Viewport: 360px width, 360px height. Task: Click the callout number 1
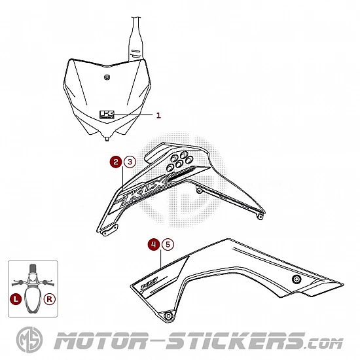pos(158,115)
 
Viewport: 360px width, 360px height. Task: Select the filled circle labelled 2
pos(116,162)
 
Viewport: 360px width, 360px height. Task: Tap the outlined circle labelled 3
pos(130,162)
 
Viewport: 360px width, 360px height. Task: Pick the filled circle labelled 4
pos(154,244)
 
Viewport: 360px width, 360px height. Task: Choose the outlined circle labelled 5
pos(168,244)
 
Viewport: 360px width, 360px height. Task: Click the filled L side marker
pos(16,299)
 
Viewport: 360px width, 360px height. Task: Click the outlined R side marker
pos(49,299)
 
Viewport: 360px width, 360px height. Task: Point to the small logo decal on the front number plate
pos(107,115)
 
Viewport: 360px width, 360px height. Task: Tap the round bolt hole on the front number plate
pos(107,77)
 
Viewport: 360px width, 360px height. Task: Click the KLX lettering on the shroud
pos(146,189)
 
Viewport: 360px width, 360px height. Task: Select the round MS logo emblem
pos(29,340)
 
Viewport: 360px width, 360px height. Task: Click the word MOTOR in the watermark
pos(100,341)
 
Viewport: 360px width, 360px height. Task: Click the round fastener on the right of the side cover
pos(297,279)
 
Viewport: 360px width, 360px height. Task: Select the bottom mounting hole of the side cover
pos(168,316)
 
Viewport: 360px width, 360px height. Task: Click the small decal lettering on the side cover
pos(149,283)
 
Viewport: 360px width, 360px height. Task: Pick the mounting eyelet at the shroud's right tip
pos(260,216)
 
